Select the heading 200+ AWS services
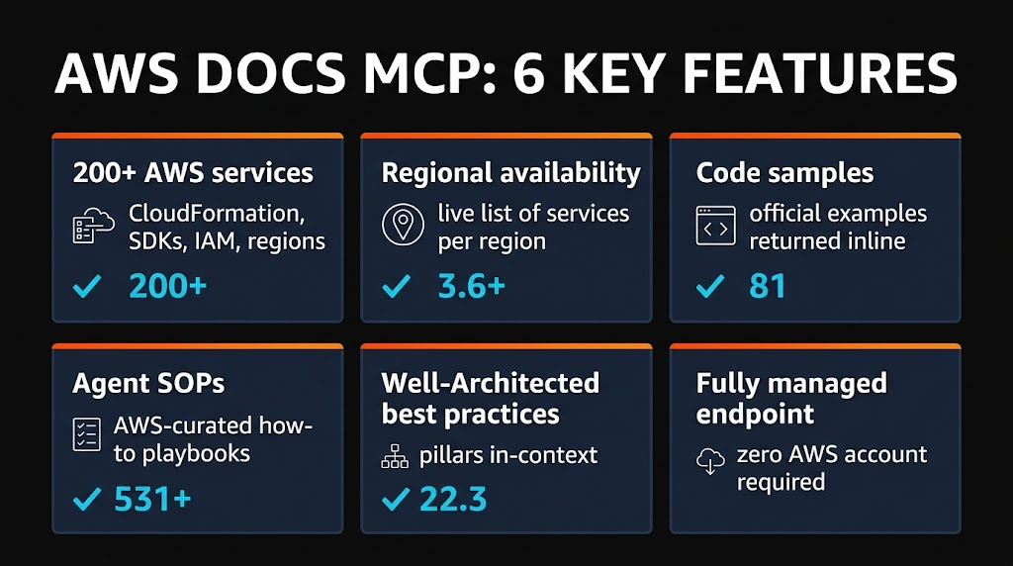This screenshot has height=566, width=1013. click(193, 173)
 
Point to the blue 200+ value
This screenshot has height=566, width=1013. click(168, 287)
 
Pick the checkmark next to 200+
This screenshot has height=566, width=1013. click(89, 287)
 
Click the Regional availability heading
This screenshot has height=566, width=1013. click(510, 173)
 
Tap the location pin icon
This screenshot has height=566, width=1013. click(402, 227)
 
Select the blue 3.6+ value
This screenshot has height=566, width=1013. click(471, 287)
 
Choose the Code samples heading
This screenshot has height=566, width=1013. click(784, 173)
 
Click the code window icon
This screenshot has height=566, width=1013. click(715, 227)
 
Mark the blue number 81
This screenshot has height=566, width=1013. click(768, 287)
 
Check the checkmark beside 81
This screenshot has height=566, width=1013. click(709, 287)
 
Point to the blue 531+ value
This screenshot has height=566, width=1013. click(152, 499)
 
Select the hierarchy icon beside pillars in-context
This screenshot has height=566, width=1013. click(395, 457)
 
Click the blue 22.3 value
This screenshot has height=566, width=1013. click(453, 499)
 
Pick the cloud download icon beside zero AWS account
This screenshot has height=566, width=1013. click(710, 461)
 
